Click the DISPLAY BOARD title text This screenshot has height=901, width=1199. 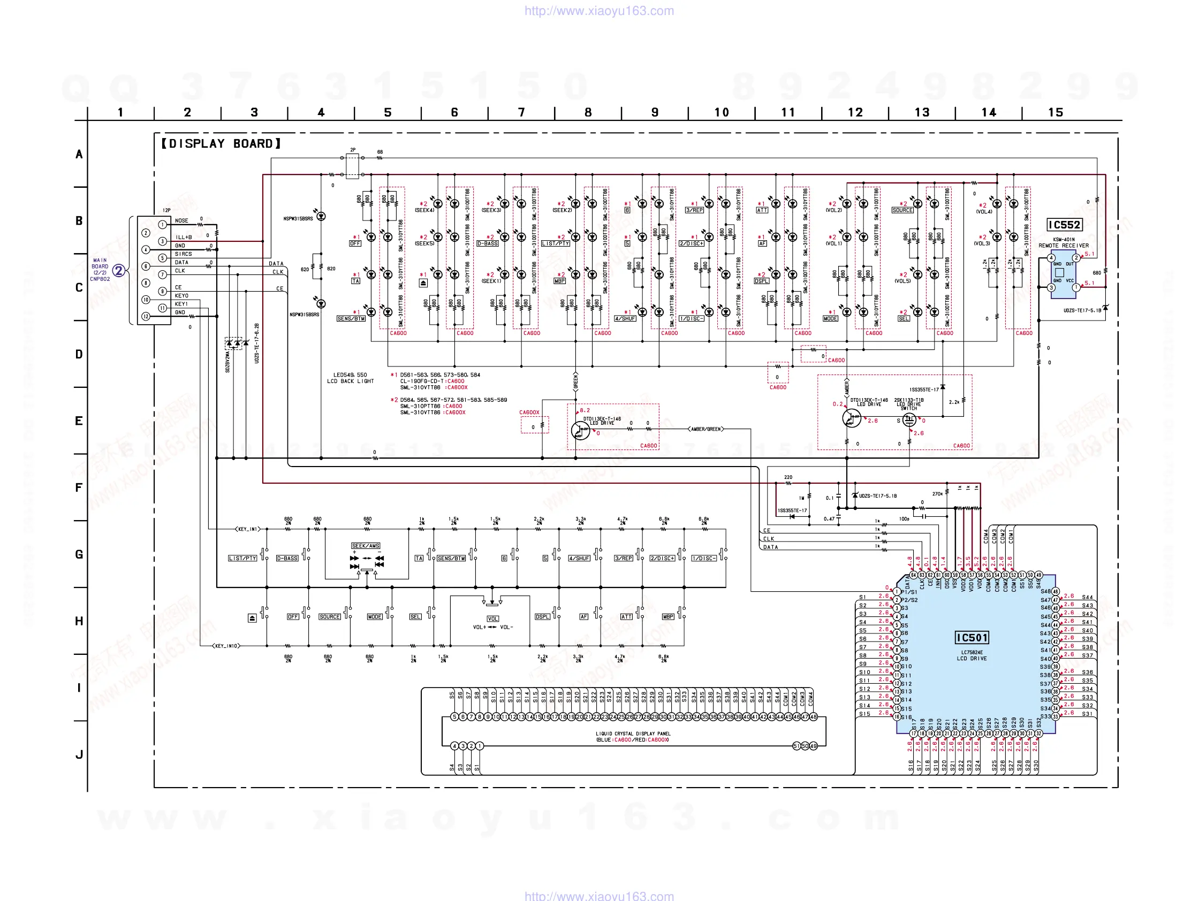coord(221,143)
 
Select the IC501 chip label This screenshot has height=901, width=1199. coord(972,638)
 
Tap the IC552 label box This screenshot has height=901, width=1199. coord(1064,225)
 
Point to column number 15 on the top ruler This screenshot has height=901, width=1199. coord(1056,112)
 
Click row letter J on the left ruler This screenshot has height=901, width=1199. coord(79,754)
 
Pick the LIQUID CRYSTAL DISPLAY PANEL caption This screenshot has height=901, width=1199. coord(633,734)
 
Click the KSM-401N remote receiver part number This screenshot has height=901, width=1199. coord(1064,239)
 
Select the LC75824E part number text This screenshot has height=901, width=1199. coord(972,652)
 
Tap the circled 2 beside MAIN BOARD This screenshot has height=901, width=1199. coord(118,270)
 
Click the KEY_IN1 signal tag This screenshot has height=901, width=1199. coord(248,529)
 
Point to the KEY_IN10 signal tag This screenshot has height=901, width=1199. coord(226,645)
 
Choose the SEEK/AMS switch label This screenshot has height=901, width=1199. coord(366,546)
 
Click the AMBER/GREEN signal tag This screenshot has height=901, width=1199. coord(705,429)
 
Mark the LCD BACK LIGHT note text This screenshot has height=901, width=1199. coord(350,381)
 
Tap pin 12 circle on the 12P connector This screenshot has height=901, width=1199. coord(146,316)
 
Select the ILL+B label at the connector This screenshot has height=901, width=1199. coord(183,238)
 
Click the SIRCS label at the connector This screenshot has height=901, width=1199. coord(183,254)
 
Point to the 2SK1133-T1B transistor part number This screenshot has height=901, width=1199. coord(908,400)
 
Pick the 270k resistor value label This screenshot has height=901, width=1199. coord(937,494)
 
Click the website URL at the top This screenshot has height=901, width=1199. coord(599,11)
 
